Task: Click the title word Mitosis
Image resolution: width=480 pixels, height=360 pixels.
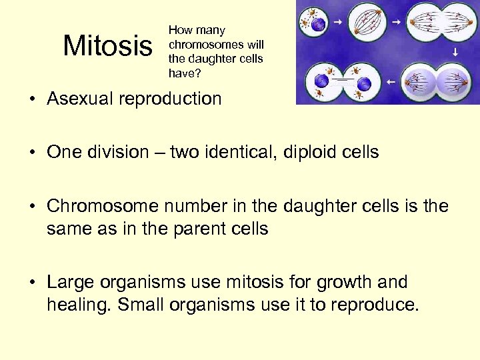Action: coord(107,46)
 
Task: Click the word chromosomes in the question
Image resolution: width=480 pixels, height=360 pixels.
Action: coord(197,45)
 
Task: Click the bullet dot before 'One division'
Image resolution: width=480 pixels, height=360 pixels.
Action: coord(33,153)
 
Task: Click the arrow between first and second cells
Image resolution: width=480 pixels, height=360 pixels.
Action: coord(339,23)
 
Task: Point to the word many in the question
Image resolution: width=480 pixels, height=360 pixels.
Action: coord(211,30)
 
